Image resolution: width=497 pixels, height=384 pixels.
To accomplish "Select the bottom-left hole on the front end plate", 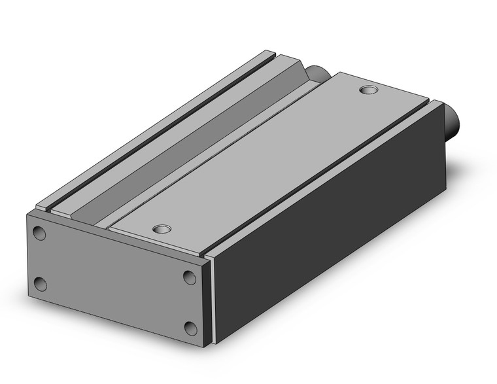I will coord(40,284).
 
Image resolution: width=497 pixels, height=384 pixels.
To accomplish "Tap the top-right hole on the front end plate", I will coord(190,277).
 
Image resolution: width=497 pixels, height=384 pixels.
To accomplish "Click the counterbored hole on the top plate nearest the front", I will coord(160,230).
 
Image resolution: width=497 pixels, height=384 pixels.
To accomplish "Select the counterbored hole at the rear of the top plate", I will coord(369,89).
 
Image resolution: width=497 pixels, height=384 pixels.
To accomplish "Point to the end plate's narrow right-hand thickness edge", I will coord(209,301).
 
